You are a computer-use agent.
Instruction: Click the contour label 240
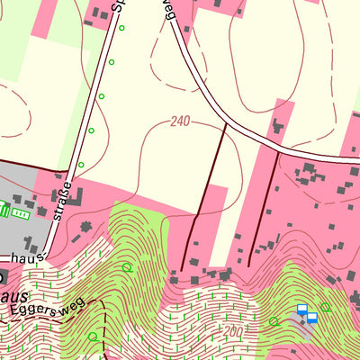tap(178, 121)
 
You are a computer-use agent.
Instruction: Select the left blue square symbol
tap(302, 309)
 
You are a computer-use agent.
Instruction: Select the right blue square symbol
tap(312, 317)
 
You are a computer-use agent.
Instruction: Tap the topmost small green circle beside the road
tap(121, 28)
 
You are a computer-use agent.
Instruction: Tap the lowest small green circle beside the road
tap(81, 165)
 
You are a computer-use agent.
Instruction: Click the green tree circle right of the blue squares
tap(326, 308)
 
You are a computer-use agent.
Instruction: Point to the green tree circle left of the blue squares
tap(274, 321)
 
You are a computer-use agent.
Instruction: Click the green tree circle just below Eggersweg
tap(93, 337)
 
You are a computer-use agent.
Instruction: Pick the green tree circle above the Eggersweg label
tap(126, 267)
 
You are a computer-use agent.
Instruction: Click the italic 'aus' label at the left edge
tap(16, 295)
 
